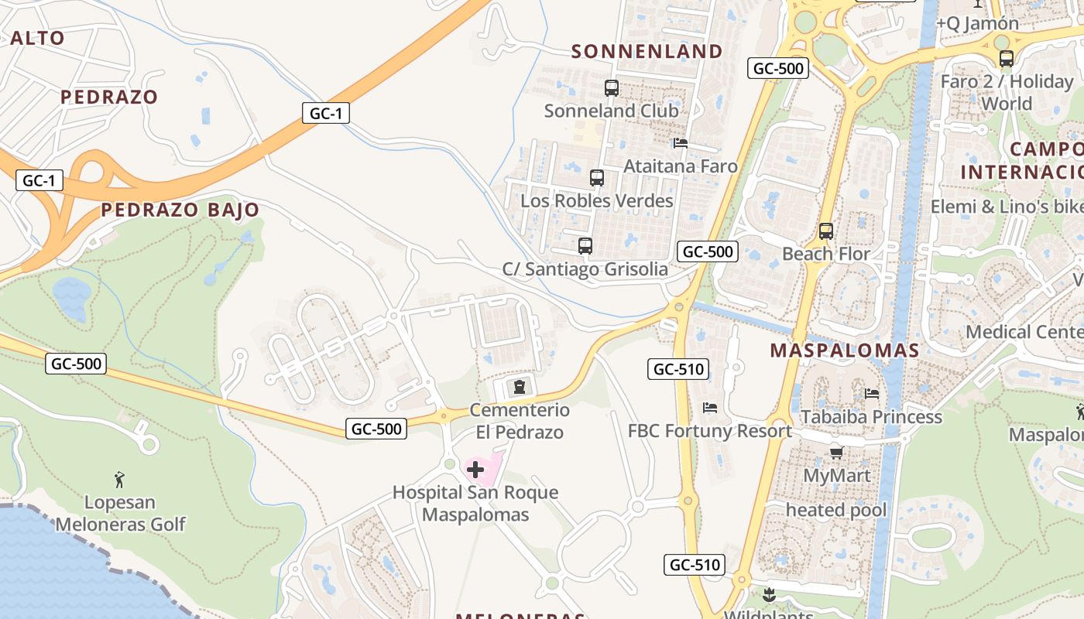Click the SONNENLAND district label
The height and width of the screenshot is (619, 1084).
tap(647, 52)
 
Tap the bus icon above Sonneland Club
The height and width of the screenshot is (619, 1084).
tap(612, 88)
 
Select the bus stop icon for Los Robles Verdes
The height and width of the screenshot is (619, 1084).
tap(597, 178)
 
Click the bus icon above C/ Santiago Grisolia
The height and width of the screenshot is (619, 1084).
tap(585, 246)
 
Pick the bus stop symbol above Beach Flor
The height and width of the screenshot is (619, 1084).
tap(826, 231)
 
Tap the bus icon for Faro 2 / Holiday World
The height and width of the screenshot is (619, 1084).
tap(1007, 58)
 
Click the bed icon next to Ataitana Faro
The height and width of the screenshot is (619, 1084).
tap(681, 143)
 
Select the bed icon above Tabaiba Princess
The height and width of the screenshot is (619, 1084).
tap(872, 394)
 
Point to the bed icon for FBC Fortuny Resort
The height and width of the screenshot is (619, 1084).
tap(710, 408)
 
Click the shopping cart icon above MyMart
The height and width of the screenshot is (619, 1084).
tap(836, 453)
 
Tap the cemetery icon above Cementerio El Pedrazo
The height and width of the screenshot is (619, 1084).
tap(519, 386)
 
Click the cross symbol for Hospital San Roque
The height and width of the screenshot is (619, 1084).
tap(475, 469)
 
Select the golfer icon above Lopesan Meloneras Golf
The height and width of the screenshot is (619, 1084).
tap(119, 480)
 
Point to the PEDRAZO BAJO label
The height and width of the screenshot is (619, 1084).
tap(180, 210)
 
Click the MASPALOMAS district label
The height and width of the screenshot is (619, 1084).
tap(844, 351)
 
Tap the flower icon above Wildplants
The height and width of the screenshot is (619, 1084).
tap(769, 595)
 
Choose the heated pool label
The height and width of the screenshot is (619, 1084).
tap(836, 510)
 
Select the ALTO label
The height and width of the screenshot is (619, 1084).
tap(37, 38)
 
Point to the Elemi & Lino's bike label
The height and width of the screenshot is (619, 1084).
tap(1007, 207)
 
